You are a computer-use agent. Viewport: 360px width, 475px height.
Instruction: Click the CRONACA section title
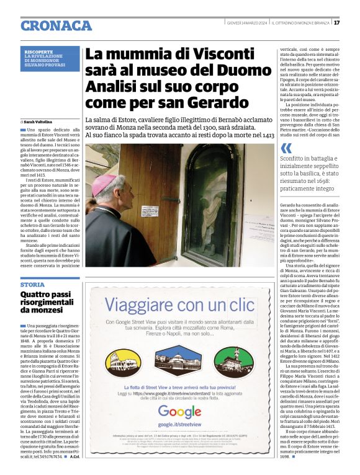[x=56, y=25]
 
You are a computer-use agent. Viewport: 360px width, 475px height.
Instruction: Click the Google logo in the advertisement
[x=180, y=411]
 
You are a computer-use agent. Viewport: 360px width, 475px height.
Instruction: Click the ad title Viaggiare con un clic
[x=179, y=305]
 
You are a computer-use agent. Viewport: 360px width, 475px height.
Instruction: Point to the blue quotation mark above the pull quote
[x=286, y=148]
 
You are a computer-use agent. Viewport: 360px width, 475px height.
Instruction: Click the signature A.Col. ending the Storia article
[x=74, y=465]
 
